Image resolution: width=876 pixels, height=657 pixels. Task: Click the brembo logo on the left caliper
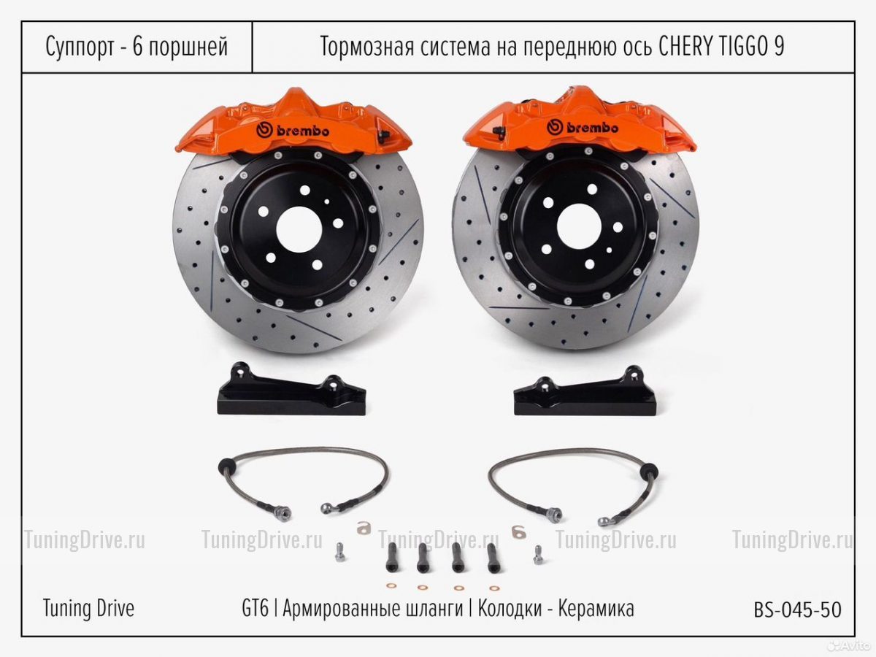coord(293,131)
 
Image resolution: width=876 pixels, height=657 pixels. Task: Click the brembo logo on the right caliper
coord(583,127)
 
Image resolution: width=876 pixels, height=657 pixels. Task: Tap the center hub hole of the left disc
coord(299,229)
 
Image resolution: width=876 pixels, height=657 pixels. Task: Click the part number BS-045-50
coord(797,610)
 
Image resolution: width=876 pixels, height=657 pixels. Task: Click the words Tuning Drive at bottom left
coord(88,608)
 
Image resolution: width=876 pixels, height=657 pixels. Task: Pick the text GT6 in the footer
coord(255,609)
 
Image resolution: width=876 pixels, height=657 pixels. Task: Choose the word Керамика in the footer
coord(596,609)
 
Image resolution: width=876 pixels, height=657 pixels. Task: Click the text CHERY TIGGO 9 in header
coord(721,46)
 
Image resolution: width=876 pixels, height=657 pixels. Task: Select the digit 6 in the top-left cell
coord(137,46)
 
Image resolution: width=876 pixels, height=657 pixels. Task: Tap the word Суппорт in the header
coord(80,47)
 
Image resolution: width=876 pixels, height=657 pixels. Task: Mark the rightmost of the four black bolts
coord(493,558)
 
